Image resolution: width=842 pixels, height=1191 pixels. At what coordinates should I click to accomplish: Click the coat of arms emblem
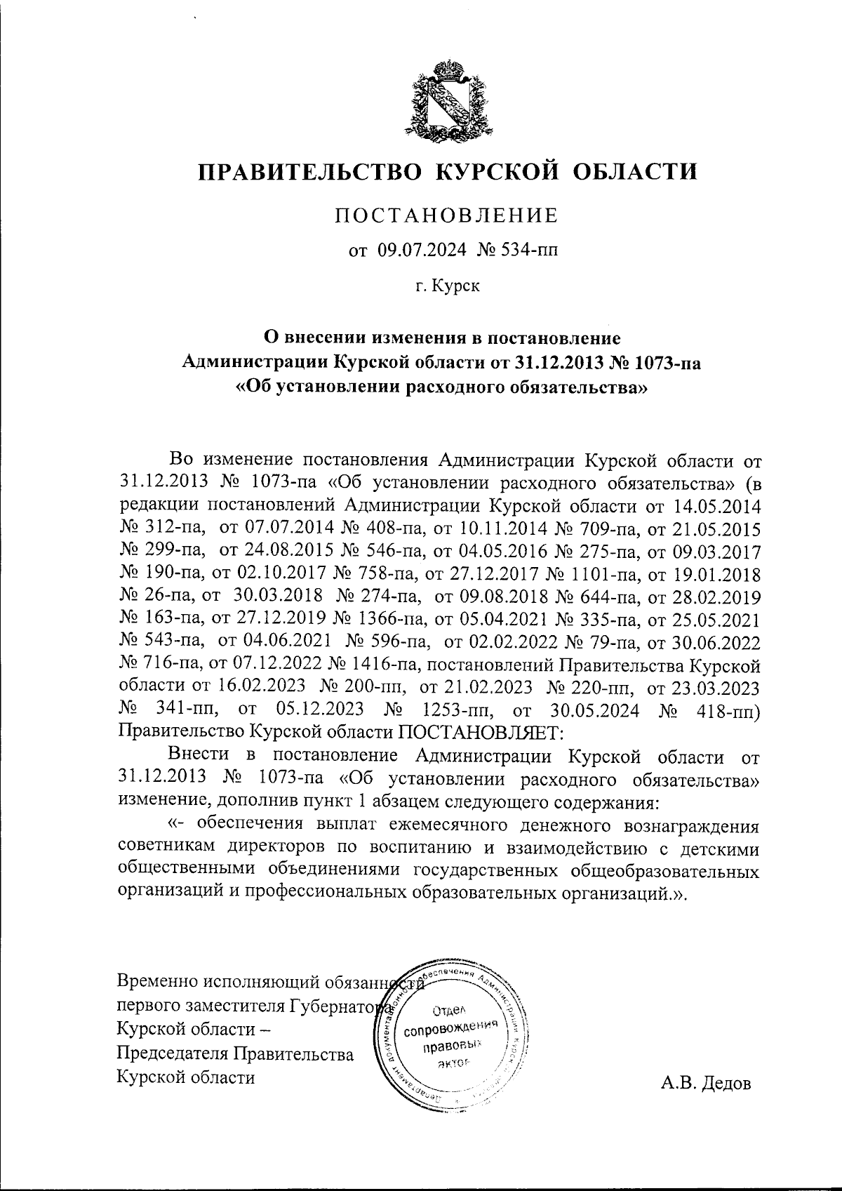[x=448, y=99]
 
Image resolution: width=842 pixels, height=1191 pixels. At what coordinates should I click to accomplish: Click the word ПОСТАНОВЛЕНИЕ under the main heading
[x=447, y=215]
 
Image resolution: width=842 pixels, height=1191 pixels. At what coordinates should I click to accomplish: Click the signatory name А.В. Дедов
[x=705, y=1084]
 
